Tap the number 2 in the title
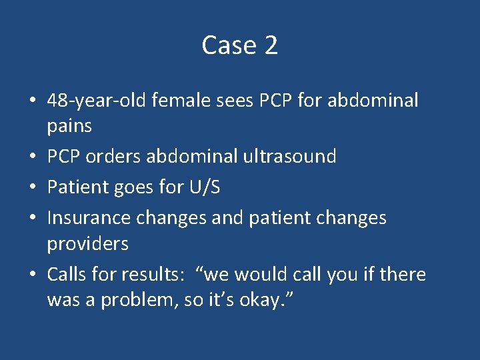[x=271, y=45]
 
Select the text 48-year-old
[x=97, y=101]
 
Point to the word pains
[x=69, y=125]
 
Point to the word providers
[x=87, y=244]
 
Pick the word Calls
[x=65, y=275]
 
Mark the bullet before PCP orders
[x=33, y=157]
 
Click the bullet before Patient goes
[x=33, y=187]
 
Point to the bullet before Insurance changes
[x=33, y=218]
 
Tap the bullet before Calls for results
[x=33, y=275]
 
